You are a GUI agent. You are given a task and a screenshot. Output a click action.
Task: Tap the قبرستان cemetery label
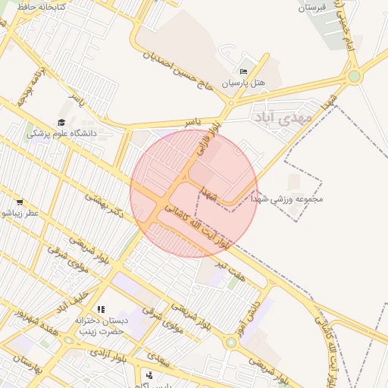(311, 8)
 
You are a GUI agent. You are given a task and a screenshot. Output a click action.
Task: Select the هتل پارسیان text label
(243, 83)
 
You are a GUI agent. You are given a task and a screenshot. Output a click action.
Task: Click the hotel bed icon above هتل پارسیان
(243, 70)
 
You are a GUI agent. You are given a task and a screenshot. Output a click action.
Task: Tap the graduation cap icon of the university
(61, 122)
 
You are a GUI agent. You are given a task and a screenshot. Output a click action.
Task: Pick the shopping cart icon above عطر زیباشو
(19, 202)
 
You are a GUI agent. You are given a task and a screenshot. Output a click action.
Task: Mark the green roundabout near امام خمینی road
(354, 76)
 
